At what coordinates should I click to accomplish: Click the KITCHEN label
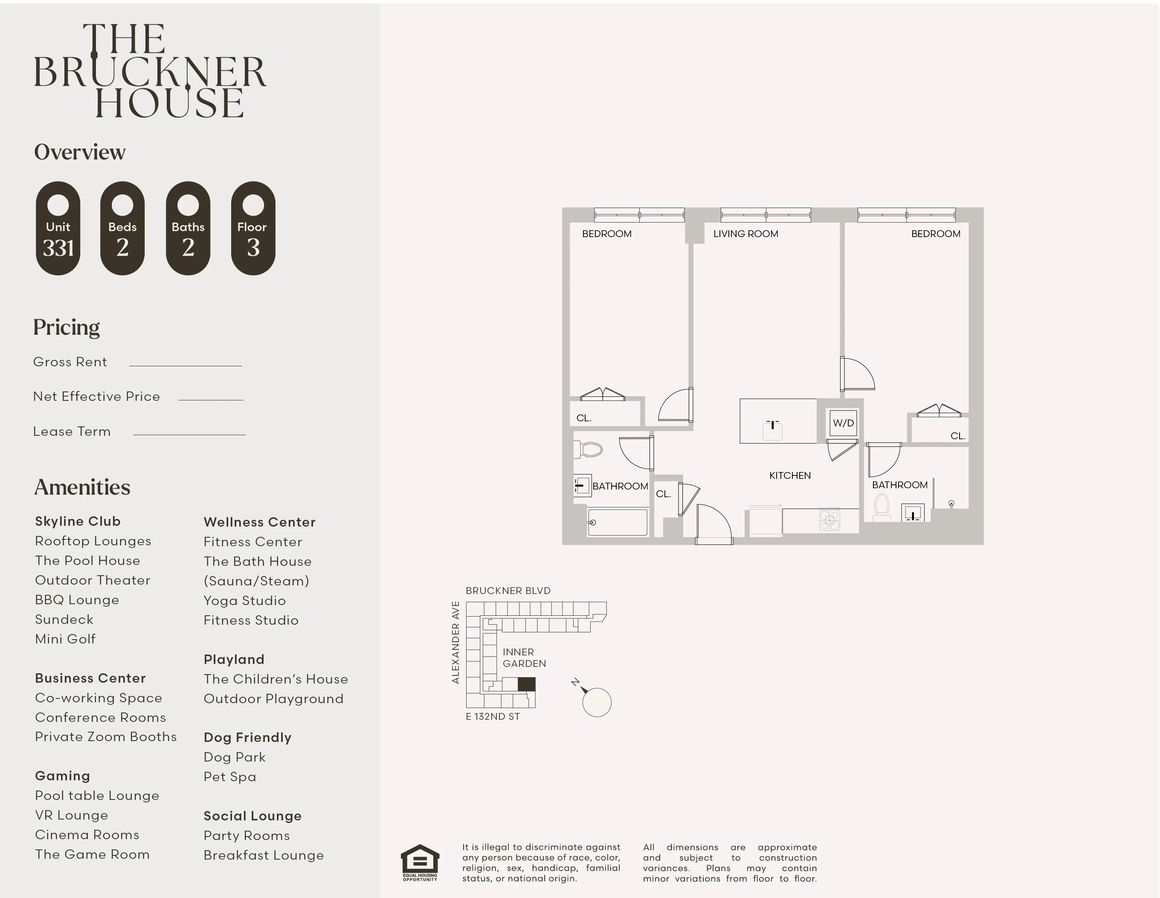coord(789,475)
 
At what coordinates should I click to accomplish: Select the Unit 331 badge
coord(58,229)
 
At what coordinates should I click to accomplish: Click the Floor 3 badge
coord(253,229)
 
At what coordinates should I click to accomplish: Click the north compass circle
coord(597,702)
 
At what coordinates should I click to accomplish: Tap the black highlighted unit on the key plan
coord(526,684)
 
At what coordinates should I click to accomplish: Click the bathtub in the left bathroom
coord(618,522)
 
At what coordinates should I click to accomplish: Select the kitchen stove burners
coord(829,520)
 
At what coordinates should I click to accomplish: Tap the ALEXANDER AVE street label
coord(455,642)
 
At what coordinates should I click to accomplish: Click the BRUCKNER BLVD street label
coord(508,591)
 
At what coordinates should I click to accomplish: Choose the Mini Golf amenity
coord(65,639)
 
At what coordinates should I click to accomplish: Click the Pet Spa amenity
coord(229,776)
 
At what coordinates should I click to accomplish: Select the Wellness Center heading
coord(259,522)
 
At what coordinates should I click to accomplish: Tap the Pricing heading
coord(67,327)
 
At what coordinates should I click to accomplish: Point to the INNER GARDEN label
coord(524,658)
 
